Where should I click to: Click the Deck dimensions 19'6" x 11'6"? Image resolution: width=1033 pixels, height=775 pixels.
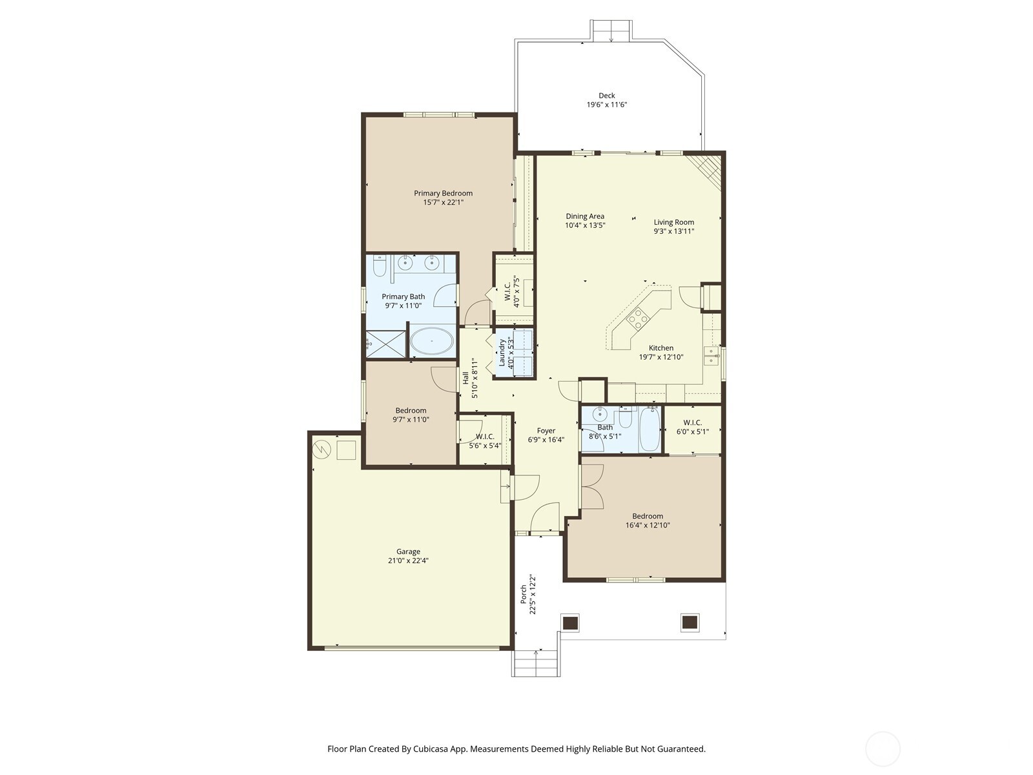tap(607, 105)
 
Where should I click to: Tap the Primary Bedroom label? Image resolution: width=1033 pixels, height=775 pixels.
tap(443, 193)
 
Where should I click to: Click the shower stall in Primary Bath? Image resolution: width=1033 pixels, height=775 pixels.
tap(386, 344)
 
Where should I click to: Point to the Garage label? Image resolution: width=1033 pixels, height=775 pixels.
tap(408, 552)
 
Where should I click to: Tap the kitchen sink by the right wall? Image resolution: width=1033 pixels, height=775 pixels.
tap(711, 356)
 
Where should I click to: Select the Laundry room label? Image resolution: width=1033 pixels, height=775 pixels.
tap(502, 353)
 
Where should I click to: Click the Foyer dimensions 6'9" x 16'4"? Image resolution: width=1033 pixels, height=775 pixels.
tap(546, 440)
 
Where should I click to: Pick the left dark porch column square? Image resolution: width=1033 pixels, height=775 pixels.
tap(571, 623)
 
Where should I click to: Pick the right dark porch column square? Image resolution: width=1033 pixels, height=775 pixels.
tap(690, 623)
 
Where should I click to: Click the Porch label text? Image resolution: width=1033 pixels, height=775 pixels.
tap(524, 594)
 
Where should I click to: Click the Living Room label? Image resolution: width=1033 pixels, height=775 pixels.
tap(673, 222)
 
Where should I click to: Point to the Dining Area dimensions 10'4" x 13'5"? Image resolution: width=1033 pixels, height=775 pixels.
tap(585, 225)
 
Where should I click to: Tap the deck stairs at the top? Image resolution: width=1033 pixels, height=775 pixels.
tap(611, 30)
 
